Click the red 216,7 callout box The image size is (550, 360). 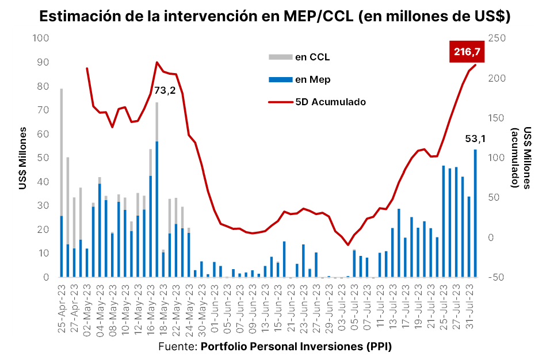coord(467,52)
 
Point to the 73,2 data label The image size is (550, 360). coord(165,90)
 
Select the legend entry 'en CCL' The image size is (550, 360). coord(312,56)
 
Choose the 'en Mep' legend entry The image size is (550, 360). coord(312,79)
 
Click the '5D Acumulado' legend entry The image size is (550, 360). coord(330,102)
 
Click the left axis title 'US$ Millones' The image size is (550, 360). coord(24,158)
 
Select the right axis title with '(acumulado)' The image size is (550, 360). coord(521,158)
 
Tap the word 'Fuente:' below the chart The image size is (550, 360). coord(177,347)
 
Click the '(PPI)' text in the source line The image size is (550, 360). coord(377,347)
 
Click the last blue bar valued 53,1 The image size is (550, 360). coord(475,213)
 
